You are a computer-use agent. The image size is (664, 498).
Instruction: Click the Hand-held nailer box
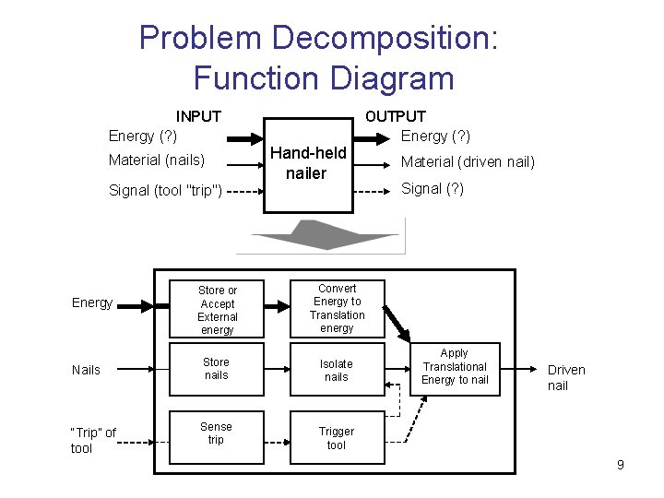(308, 164)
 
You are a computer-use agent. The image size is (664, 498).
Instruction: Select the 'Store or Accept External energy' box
(217, 310)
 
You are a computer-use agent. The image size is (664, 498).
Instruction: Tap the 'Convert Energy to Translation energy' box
(337, 308)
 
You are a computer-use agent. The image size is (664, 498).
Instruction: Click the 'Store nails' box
(217, 369)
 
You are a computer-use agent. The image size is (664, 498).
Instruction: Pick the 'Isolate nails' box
(337, 370)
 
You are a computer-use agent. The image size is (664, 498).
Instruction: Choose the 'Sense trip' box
(217, 433)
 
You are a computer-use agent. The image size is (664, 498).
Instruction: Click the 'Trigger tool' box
(337, 438)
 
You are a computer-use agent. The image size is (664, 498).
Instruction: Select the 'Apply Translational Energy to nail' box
(455, 367)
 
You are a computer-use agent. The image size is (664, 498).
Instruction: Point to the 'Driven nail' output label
(565, 377)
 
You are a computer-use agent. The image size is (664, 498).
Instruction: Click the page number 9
(621, 465)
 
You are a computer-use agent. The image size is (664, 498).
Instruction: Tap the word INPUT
(198, 116)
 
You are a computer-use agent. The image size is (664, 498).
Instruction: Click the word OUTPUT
(396, 116)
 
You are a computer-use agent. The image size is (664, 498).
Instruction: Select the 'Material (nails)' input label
(156, 160)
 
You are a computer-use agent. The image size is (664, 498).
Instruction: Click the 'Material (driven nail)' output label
(467, 162)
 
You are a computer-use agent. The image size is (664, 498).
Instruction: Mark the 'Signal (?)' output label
(432, 189)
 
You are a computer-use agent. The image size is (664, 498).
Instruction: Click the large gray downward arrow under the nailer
(318, 237)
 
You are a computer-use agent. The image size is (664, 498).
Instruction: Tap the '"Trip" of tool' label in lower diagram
(93, 441)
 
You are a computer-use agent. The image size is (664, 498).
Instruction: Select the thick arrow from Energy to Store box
(148, 304)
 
